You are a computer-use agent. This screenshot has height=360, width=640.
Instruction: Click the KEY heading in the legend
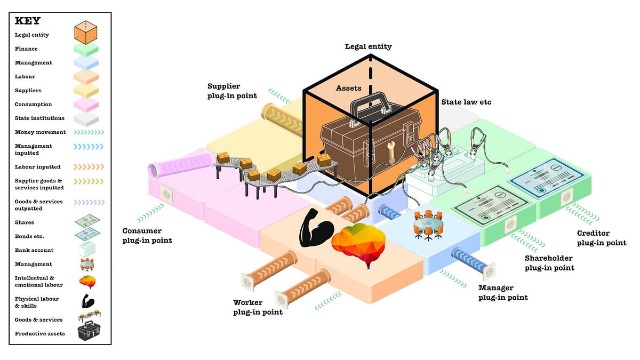28,21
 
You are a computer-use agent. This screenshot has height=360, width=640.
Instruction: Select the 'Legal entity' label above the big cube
368,46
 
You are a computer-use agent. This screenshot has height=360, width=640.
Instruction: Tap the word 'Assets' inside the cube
348,88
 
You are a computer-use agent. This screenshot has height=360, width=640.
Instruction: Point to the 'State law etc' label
466,102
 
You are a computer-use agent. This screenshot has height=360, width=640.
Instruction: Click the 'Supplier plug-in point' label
232,91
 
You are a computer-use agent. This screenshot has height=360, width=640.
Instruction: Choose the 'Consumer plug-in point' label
147,235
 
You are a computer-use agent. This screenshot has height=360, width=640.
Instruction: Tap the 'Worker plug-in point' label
258,307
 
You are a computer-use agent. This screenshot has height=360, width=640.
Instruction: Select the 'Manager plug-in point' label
503,293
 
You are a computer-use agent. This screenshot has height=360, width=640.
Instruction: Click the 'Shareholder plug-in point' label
549,263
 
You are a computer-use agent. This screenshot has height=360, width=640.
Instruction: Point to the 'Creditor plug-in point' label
602,238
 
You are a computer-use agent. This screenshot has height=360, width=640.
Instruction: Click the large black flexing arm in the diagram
316,228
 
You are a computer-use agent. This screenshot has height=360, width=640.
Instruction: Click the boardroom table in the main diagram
428,225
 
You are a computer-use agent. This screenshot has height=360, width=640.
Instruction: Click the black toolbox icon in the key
89,331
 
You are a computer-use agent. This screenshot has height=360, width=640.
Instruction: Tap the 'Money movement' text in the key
41,132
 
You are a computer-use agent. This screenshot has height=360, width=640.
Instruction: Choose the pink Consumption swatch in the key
86,105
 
